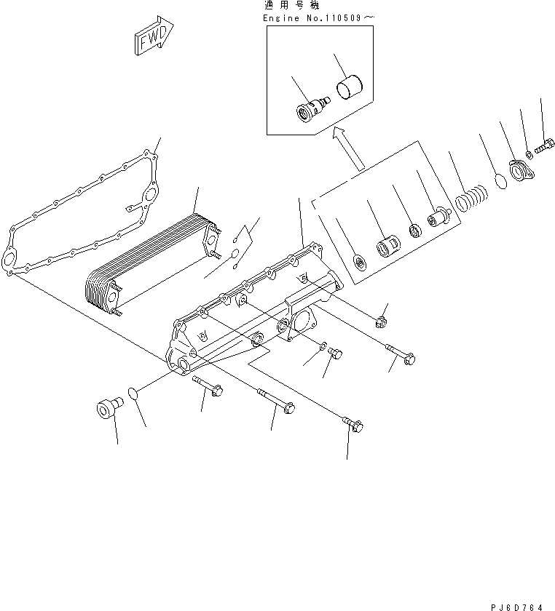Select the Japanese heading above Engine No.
[285, 6]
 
